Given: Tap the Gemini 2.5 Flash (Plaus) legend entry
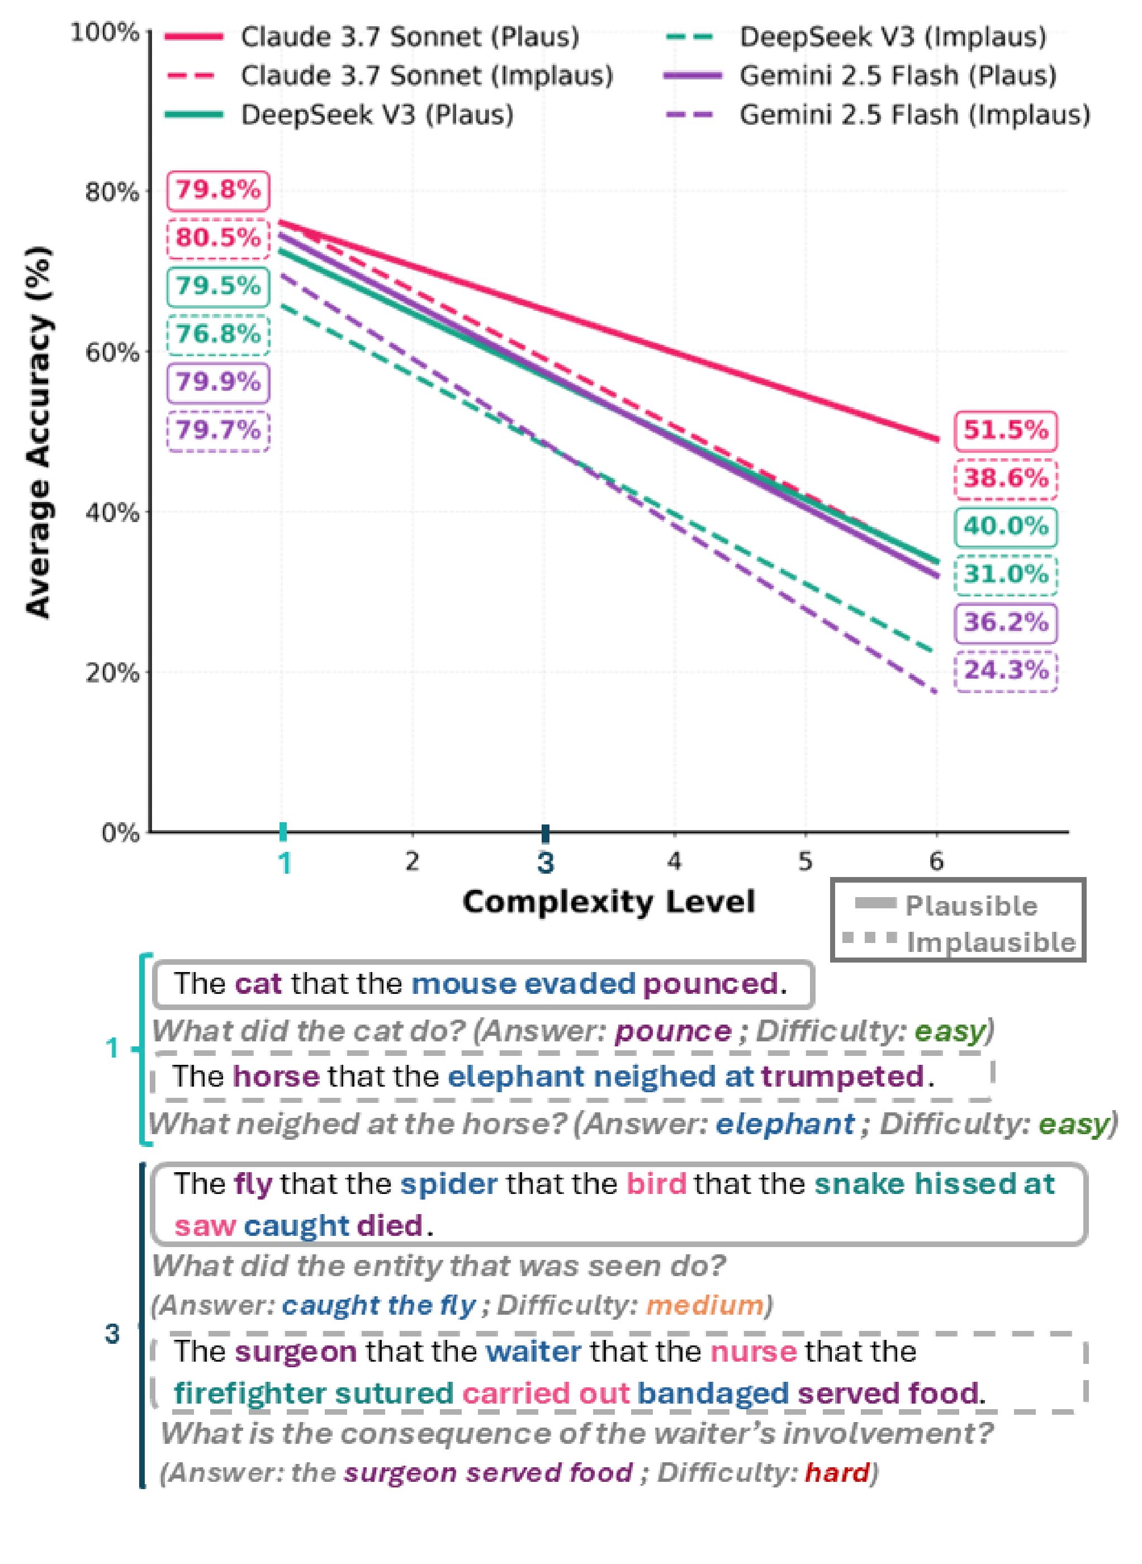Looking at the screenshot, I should (x=897, y=75).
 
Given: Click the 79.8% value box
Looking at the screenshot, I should (x=218, y=190).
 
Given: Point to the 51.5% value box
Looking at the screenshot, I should (x=1006, y=430).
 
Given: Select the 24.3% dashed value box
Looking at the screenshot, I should (x=1006, y=670).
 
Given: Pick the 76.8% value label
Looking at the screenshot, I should (x=218, y=334).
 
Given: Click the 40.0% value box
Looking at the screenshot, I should (x=1006, y=527).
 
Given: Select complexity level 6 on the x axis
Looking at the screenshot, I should (x=936, y=861).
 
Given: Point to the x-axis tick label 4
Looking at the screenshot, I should (x=674, y=861).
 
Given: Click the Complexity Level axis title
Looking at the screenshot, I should (x=608, y=902).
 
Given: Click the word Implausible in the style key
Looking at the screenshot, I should (x=991, y=942).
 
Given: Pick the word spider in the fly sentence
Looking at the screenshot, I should (x=449, y=1184).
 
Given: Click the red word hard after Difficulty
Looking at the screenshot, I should (x=836, y=1473).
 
